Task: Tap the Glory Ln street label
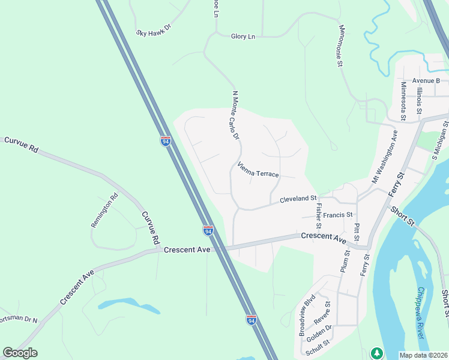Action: tap(243, 37)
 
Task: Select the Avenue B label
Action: tap(426, 80)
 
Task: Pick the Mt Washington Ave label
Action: tap(385, 157)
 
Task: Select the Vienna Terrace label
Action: tap(258, 170)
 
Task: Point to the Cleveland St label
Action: tap(298, 199)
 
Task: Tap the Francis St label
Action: tap(337, 215)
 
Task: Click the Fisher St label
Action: tap(318, 215)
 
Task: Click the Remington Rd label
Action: tap(105, 210)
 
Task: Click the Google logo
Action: tap(20, 353)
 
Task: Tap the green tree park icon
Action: tap(376, 353)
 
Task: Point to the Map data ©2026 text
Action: tap(424, 355)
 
